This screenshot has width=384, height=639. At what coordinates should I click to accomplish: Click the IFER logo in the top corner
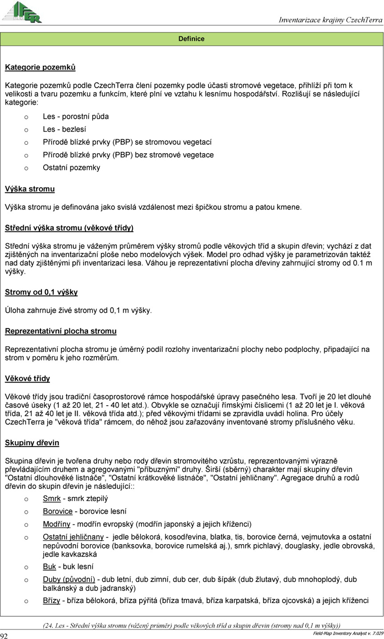[x=22, y=12]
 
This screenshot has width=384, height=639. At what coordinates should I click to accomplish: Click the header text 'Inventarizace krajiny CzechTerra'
[x=330, y=20]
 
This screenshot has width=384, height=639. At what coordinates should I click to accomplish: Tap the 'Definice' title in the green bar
[x=191, y=39]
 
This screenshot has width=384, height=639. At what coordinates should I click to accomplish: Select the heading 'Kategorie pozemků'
[x=40, y=68]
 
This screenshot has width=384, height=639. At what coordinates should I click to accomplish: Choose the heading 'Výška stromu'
[x=30, y=189]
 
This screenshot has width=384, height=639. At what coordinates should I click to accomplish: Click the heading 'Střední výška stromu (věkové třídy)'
[x=69, y=228]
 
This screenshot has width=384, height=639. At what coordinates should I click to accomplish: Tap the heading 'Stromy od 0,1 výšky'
[x=41, y=293]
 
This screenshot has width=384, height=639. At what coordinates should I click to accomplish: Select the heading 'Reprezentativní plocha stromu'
[x=61, y=331]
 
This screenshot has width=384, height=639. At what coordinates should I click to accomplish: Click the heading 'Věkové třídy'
[x=27, y=379]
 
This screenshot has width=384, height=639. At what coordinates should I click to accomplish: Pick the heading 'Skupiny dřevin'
[x=32, y=443]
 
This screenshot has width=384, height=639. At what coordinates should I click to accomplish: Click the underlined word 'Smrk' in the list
[x=52, y=499]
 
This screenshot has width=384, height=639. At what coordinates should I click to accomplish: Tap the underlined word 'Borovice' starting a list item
[x=57, y=511]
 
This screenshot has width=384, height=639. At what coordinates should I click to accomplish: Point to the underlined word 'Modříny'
[x=57, y=524]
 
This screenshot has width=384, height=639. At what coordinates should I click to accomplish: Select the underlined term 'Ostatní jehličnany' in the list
[x=73, y=537]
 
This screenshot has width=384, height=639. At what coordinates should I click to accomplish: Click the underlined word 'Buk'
[x=49, y=567]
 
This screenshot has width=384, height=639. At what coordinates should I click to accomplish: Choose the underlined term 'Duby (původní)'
[x=69, y=580]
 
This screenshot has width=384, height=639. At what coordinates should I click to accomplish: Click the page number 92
[x=4, y=635]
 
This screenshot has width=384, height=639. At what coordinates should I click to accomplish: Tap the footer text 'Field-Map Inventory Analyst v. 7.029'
[x=348, y=633]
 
